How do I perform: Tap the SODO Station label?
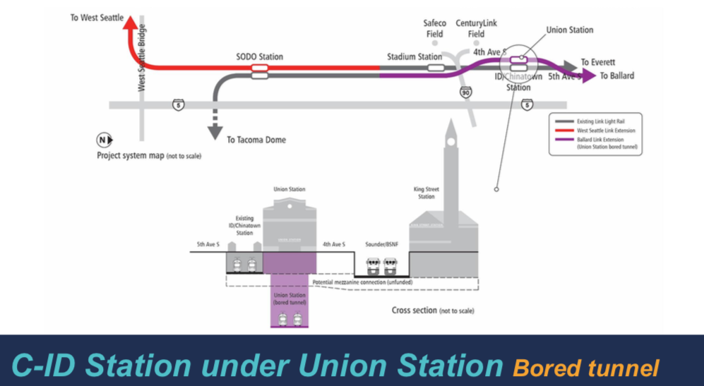(x=259, y=56)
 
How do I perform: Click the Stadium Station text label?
(x=414, y=56)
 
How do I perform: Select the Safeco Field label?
(x=435, y=28)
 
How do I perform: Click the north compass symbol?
(x=103, y=140)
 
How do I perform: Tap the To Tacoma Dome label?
(x=256, y=140)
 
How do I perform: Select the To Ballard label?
(x=617, y=76)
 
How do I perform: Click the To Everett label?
(x=598, y=62)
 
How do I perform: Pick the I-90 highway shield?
(x=465, y=92)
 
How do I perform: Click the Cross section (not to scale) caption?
(x=432, y=310)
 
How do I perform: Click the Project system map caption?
(x=148, y=155)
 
